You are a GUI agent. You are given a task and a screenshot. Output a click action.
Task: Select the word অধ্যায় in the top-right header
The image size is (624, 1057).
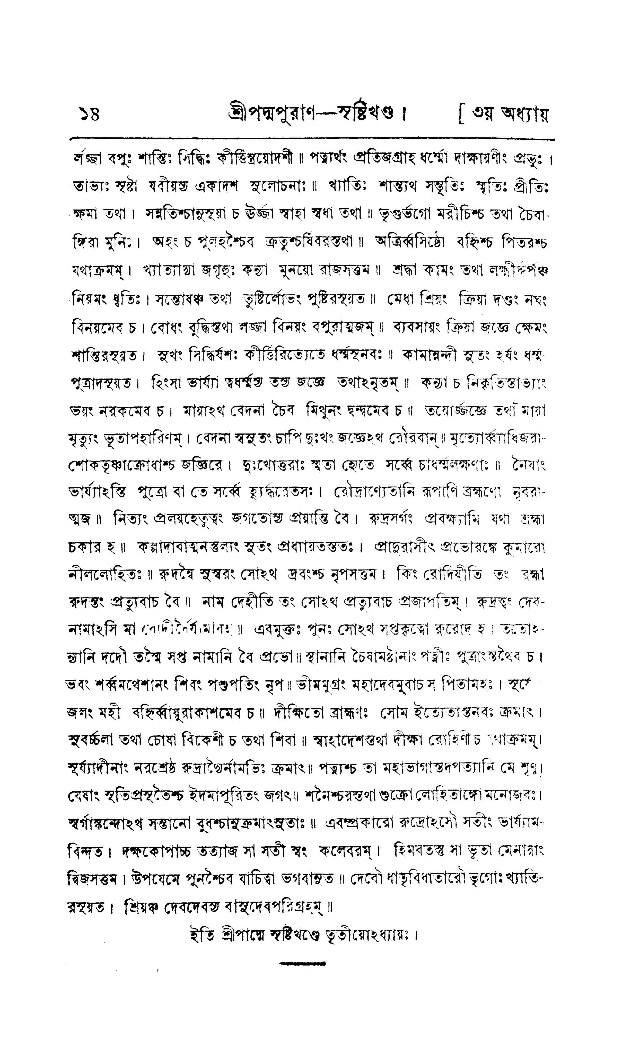pyautogui.click(x=524, y=114)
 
